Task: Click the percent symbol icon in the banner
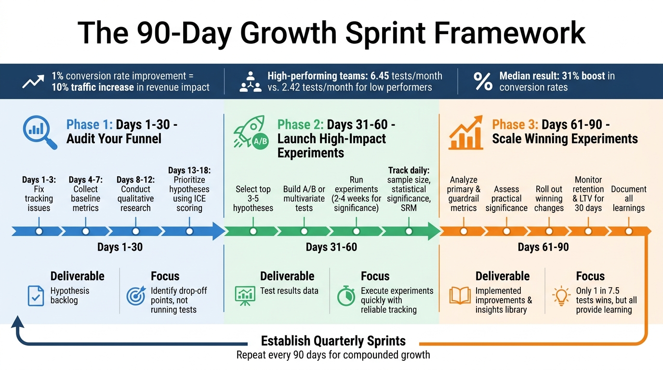(482, 81)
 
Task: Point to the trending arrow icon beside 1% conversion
(33, 81)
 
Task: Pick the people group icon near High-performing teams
(250, 81)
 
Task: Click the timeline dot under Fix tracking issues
(39, 231)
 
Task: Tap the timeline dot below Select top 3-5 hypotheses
(253, 231)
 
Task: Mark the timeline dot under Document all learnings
(629, 231)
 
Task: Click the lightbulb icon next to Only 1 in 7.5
(561, 295)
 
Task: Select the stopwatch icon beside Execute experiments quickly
(346, 296)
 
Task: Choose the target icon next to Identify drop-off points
(136, 296)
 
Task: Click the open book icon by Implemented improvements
(460, 295)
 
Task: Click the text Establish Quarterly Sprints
(333, 341)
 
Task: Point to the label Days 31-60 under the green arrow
(331, 248)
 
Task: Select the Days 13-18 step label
(189, 170)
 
